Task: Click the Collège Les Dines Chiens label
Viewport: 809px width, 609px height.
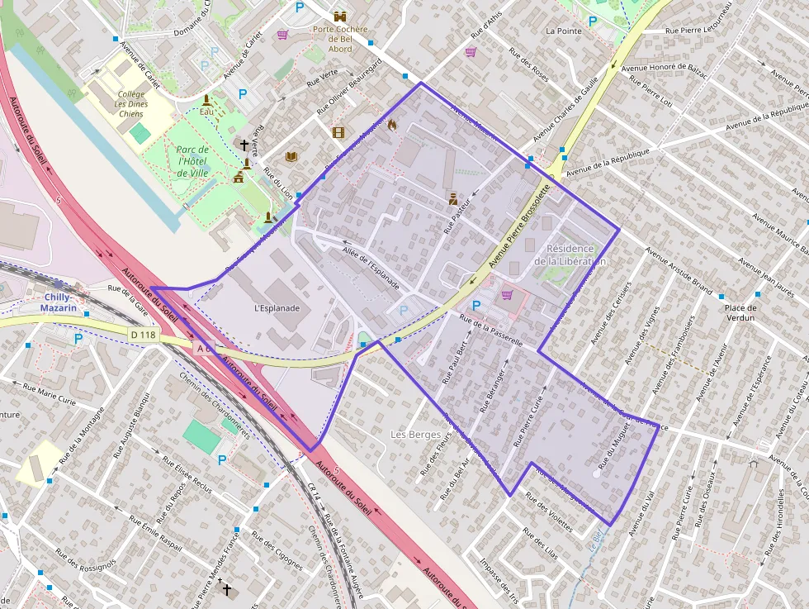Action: (x=130, y=104)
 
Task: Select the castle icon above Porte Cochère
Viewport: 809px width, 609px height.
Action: (x=339, y=17)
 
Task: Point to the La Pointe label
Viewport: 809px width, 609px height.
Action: (x=564, y=31)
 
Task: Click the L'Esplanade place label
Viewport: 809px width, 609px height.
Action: (x=277, y=308)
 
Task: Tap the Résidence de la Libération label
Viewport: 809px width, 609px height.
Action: (x=570, y=255)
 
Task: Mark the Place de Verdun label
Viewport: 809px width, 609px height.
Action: (x=740, y=312)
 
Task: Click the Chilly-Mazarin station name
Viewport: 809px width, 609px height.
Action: (x=59, y=302)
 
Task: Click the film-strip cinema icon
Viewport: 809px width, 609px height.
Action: (x=338, y=132)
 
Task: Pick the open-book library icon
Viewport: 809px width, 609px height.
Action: (x=291, y=156)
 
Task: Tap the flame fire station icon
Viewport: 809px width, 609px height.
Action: (x=391, y=124)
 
